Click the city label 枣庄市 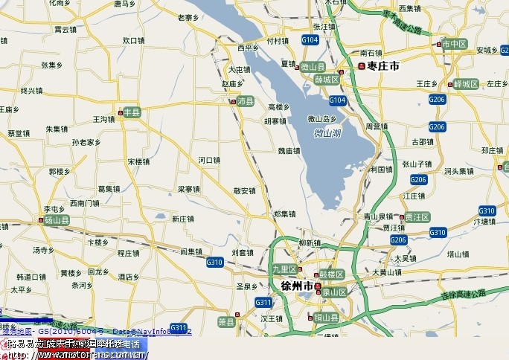pos(383,66)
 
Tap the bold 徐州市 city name pos(297,286)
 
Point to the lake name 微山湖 pos(327,134)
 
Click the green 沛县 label pos(245,101)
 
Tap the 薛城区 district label pos(326,79)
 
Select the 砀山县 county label pos(57,221)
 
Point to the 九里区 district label pos(284,269)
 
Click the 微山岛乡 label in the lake pos(322,119)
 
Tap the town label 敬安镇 pos(244,190)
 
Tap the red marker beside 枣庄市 pos(362,66)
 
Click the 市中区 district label pos(454,44)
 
